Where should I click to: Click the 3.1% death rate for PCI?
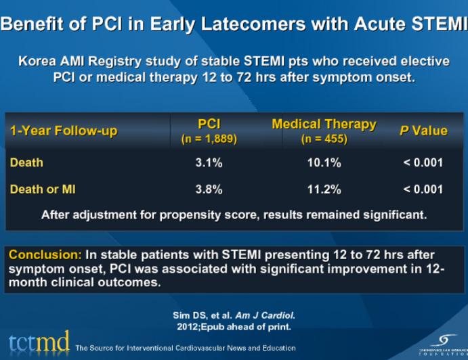click(209, 163)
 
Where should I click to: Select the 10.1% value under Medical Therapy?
click(324, 163)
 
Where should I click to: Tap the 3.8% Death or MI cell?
click(209, 190)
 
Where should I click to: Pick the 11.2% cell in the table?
click(324, 190)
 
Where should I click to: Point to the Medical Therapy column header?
click(324, 125)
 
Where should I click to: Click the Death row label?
click(26, 163)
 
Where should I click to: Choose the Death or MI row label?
click(43, 190)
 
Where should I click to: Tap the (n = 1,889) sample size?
click(209, 139)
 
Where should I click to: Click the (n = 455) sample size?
click(324, 139)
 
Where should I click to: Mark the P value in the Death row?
click(423, 163)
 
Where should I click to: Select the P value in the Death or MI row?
click(423, 190)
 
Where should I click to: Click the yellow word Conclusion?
click(45, 255)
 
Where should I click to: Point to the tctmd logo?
click(38, 343)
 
